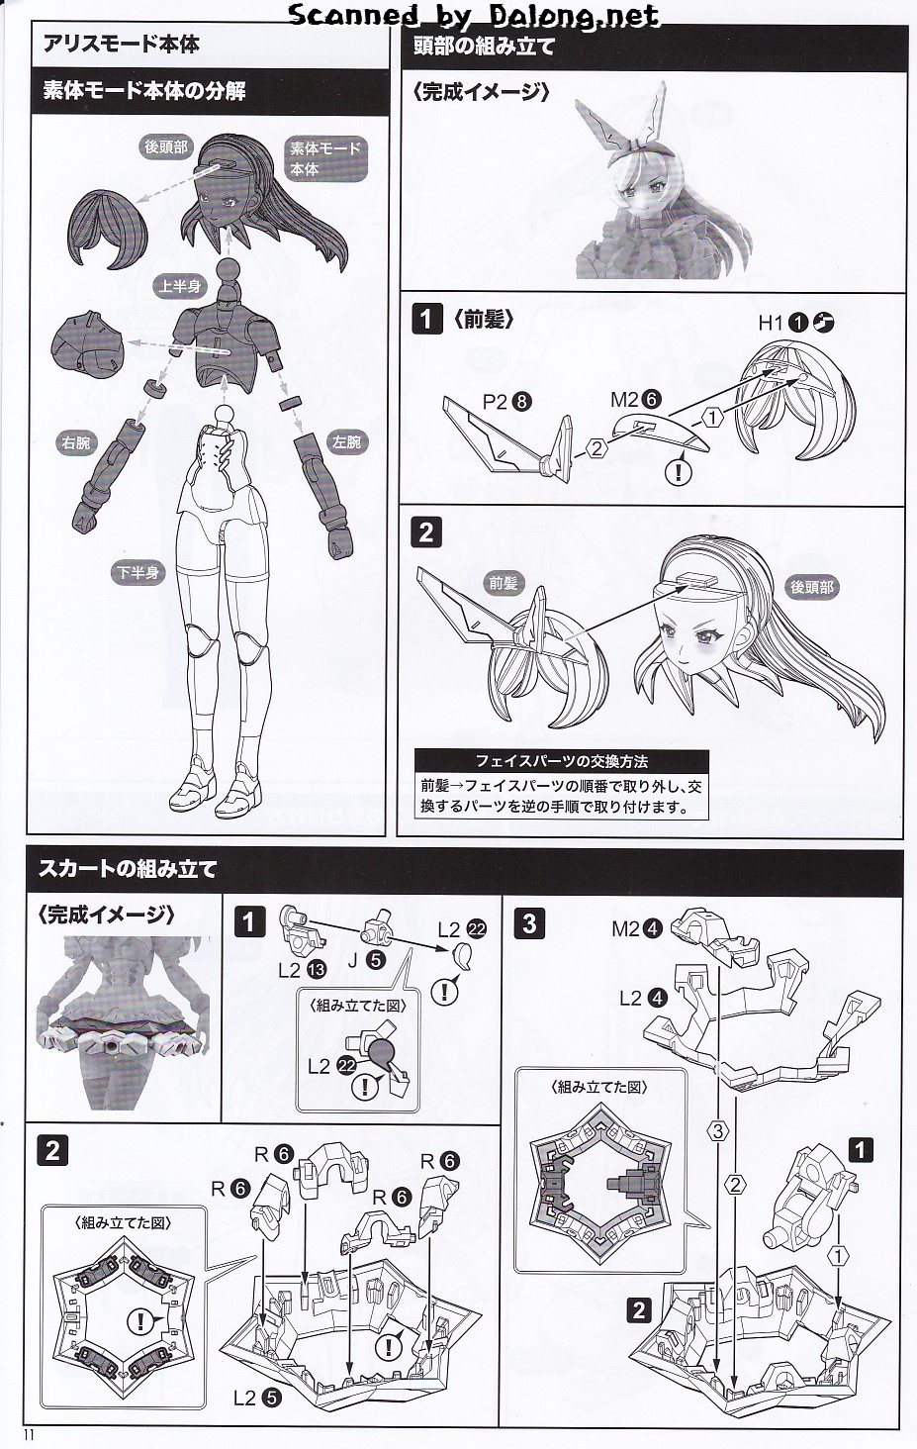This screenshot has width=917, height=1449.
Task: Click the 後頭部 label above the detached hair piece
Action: click(165, 146)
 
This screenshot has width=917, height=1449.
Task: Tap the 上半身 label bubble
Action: click(179, 287)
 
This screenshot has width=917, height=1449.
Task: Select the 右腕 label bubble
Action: click(76, 443)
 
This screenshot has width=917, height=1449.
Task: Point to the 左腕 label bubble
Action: click(346, 442)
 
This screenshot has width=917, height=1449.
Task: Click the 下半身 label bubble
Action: click(138, 572)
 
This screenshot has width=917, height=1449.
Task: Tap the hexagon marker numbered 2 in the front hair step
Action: click(596, 447)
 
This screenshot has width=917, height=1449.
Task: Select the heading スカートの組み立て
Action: click(128, 869)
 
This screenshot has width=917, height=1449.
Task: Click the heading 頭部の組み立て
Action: click(484, 46)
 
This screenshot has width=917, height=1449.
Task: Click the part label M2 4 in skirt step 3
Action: click(637, 928)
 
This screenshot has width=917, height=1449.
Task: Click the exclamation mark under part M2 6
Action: click(679, 471)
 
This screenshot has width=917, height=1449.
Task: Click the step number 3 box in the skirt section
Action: click(529, 923)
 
